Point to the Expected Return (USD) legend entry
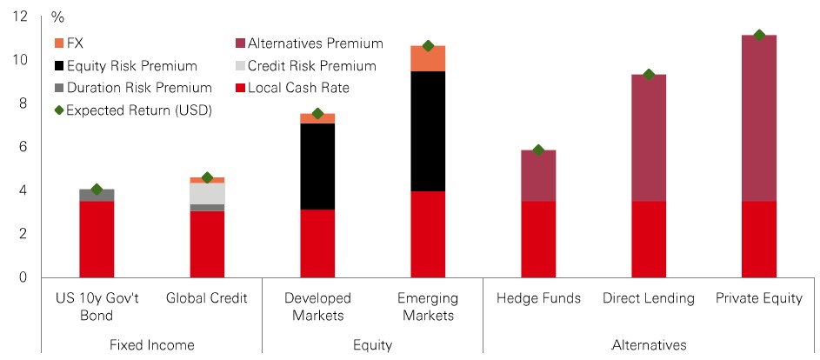pos(132,110)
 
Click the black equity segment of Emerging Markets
pos(428,131)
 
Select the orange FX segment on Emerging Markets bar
pos(428,58)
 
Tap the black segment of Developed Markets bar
pos(317,166)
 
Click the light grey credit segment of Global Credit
pos(207,193)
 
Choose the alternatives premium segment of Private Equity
pos(759,117)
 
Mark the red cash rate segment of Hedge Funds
pos(538,239)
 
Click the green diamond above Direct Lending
pos(649,75)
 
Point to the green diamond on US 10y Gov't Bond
pos(97,190)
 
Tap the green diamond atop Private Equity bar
pos(759,35)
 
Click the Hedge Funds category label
pos(538,299)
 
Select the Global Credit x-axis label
pos(207,299)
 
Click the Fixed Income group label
pos(152,345)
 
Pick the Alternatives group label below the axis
pos(649,345)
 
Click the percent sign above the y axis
pos(58,17)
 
